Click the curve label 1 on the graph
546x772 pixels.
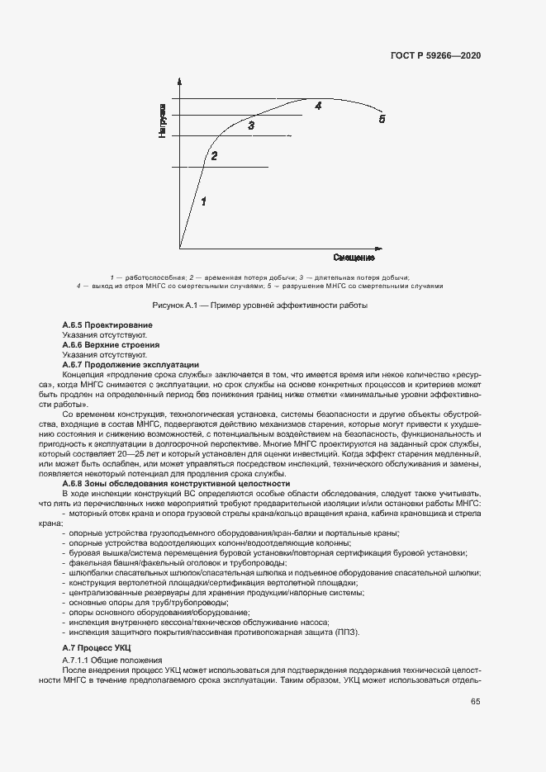[203, 201]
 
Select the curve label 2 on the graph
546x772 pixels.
[214, 155]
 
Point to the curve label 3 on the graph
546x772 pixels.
[251, 125]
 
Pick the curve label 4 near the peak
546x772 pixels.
[317, 106]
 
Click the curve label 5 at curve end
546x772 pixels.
[382, 119]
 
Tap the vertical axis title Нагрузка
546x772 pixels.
[164, 121]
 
